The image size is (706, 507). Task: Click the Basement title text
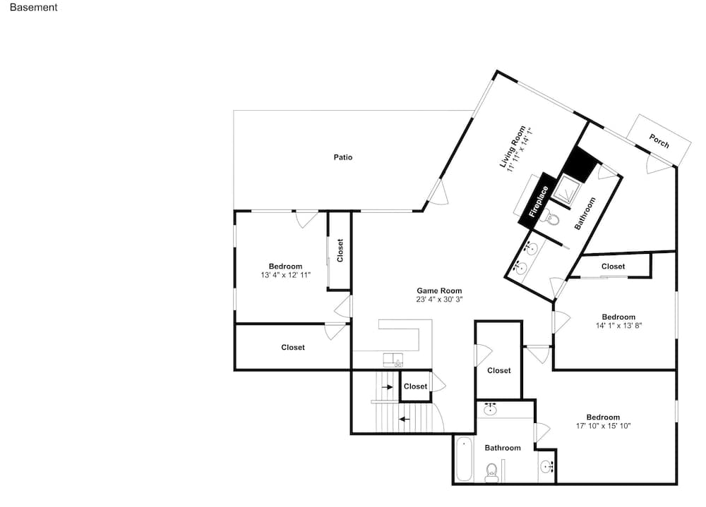click(x=33, y=7)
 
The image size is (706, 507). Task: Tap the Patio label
click(x=342, y=157)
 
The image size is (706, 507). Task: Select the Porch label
click(x=659, y=141)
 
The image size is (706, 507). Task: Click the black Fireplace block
click(x=537, y=200)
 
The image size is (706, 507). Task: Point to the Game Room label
click(x=439, y=291)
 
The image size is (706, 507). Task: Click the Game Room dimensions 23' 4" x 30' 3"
click(x=439, y=299)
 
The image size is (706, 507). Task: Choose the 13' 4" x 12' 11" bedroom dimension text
click(x=285, y=275)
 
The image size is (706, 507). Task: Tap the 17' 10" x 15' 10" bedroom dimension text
click(x=604, y=426)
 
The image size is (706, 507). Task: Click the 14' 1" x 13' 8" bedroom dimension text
click(x=618, y=325)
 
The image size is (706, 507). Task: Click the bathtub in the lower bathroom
click(x=464, y=459)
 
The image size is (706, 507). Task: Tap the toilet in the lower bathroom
click(x=491, y=472)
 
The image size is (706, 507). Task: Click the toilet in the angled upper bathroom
click(x=552, y=219)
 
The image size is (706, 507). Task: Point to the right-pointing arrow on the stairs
click(x=387, y=386)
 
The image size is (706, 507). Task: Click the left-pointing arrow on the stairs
click(x=405, y=420)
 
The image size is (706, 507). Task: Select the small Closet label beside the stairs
click(x=415, y=386)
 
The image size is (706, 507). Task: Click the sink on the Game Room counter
click(x=393, y=360)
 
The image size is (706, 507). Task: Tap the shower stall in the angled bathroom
click(x=565, y=191)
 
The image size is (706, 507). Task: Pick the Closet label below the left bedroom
click(x=293, y=348)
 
